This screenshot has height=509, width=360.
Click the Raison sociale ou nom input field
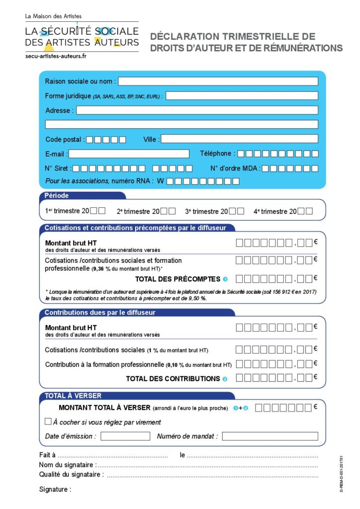[x=218, y=82]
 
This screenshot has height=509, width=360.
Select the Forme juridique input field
[x=242, y=96]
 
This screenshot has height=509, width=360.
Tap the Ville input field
[x=239, y=139]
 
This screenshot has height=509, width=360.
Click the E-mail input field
[x=129, y=154]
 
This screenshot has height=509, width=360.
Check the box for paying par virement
[x=48, y=422]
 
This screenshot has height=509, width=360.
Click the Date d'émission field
[x=125, y=436]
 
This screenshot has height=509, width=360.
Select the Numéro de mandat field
[x=270, y=436]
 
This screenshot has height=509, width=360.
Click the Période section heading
[x=57, y=195]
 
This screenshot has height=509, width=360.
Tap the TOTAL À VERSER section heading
[x=73, y=396]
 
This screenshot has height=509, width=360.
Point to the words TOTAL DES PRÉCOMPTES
[x=178, y=279]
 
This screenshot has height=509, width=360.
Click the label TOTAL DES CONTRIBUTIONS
[x=173, y=379]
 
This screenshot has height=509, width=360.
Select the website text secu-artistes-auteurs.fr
[x=56, y=56]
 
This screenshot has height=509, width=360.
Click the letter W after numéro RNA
[x=161, y=181]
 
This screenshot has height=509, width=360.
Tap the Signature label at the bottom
[x=55, y=490]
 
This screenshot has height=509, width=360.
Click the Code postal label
[x=65, y=139]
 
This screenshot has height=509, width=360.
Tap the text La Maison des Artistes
[x=53, y=16]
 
